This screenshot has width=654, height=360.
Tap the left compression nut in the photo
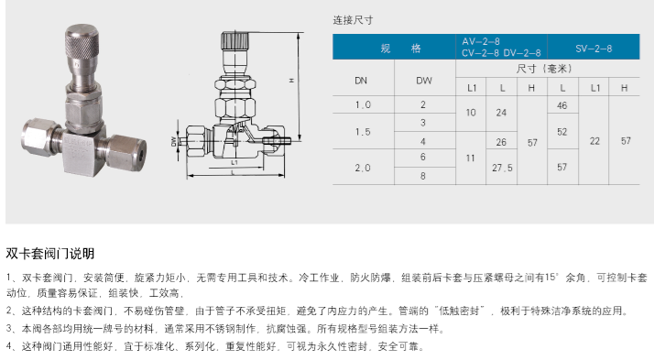pos(37,136)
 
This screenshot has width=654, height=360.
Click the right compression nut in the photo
pos(126,152)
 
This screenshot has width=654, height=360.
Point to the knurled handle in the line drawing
pos(234,40)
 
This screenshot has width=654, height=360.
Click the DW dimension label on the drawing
pos(174,141)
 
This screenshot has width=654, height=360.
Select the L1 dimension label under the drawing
pos(234,162)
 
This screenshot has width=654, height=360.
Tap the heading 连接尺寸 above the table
pos(353,20)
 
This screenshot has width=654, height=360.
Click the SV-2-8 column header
pos(594,49)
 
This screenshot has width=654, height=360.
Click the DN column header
pos(361,81)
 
